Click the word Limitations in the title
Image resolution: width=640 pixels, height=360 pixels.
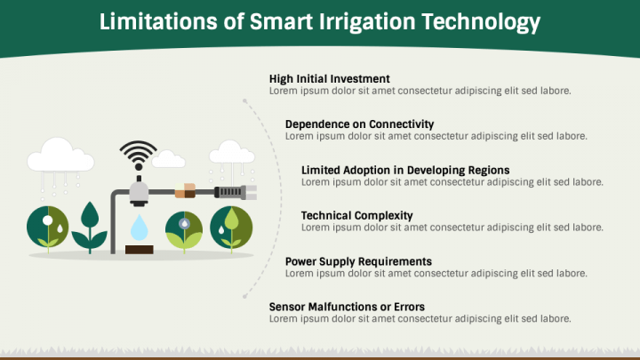pyautogui.click(x=158, y=21)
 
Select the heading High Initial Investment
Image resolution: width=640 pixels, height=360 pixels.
pyautogui.click(x=330, y=79)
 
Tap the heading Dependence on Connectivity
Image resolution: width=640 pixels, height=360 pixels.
pyautogui.click(x=360, y=124)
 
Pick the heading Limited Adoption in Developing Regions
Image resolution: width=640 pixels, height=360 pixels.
pyautogui.click(x=405, y=170)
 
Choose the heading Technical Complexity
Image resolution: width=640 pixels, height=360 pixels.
pyautogui.click(x=357, y=215)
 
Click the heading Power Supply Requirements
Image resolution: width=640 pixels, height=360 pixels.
pyautogui.click(x=358, y=261)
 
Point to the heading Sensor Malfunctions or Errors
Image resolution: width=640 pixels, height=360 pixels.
pyautogui.click(x=347, y=307)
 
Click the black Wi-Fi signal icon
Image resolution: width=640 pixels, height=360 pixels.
pyautogui.click(x=139, y=155)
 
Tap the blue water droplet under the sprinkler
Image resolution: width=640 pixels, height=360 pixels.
pyautogui.click(x=140, y=228)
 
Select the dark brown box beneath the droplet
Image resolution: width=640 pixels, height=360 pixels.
pyautogui.click(x=140, y=250)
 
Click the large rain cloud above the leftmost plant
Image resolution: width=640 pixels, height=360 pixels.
pyautogui.click(x=60, y=155)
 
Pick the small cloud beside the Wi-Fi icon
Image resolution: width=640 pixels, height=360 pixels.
pyautogui.click(x=168, y=159)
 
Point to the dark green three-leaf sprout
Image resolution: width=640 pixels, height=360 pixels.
pyautogui.click(x=90, y=227)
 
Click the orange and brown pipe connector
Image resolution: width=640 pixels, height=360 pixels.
pyautogui.click(x=185, y=191)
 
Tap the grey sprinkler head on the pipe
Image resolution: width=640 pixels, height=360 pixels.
pyautogui.click(x=139, y=192)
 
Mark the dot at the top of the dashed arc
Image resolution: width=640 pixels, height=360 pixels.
pyautogui.click(x=244, y=100)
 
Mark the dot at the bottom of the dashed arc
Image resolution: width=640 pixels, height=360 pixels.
pyautogui.click(x=244, y=296)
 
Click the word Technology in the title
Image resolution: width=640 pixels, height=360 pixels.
pyautogui.click(x=480, y=22)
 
